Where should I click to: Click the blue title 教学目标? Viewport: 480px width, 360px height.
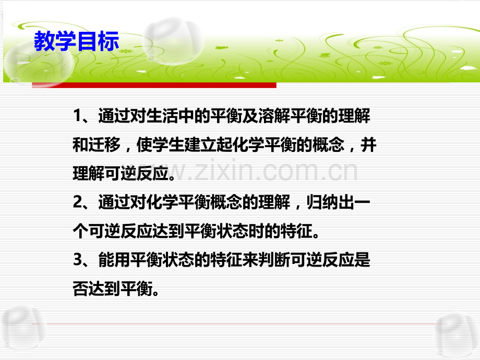(x=76, y=42)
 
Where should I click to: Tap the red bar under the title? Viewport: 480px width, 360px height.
(x=154, y=85)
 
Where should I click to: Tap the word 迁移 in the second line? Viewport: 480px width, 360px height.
(x=105, y=146)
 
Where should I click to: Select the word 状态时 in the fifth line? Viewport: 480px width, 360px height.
(x=255, y=232)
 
